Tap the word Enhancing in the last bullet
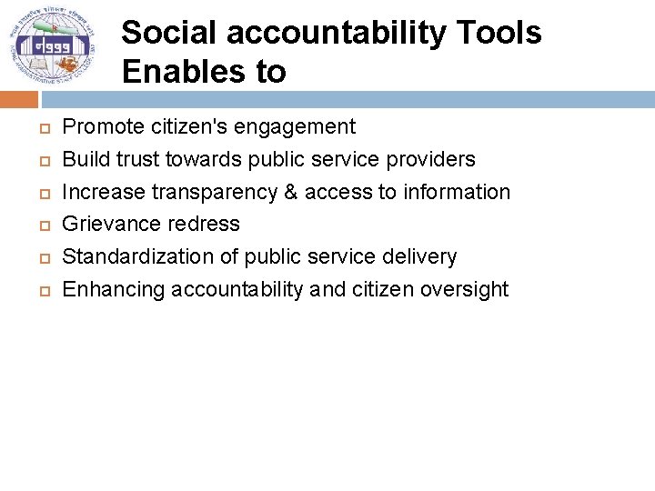coord(113,289)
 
